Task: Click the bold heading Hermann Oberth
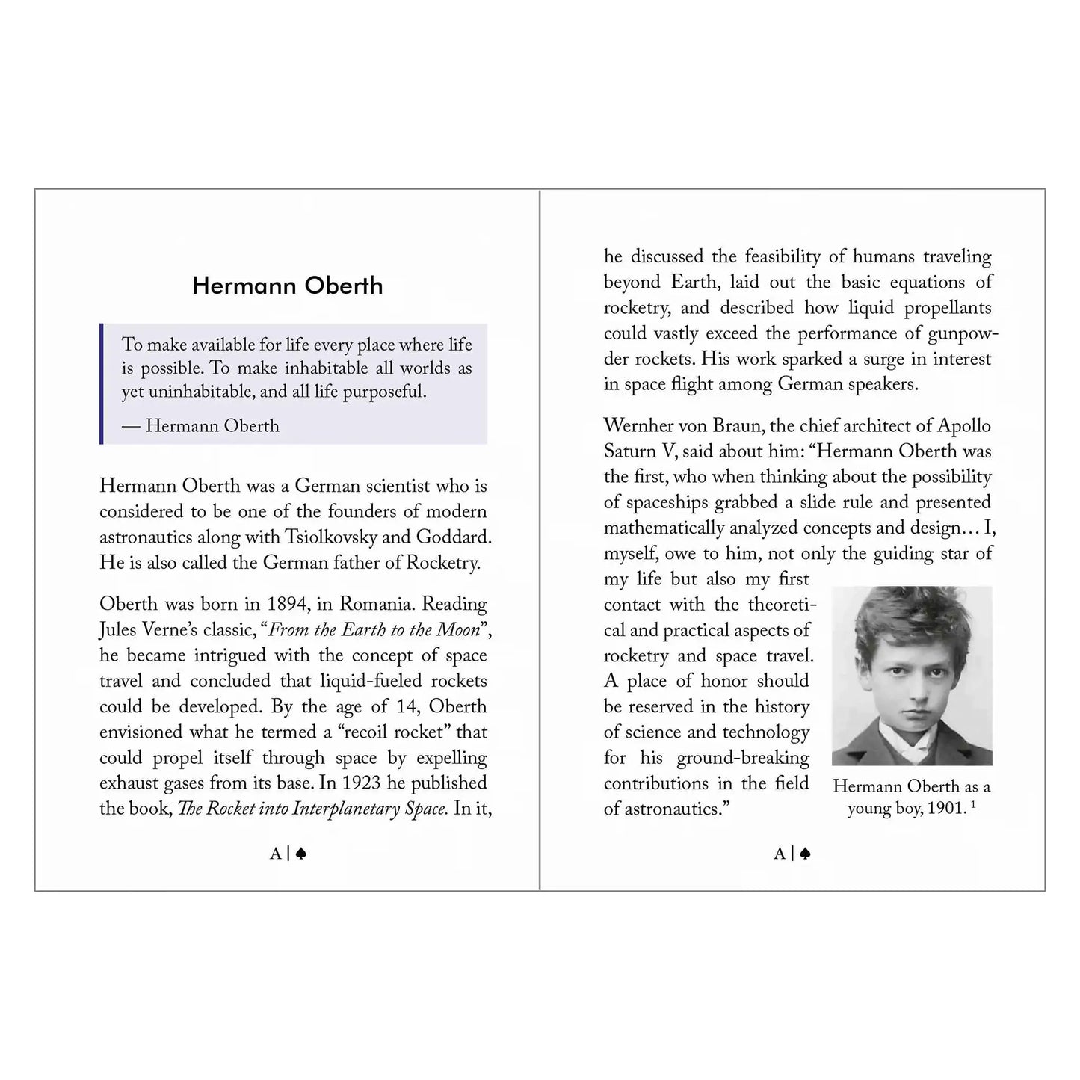tap(287, 286)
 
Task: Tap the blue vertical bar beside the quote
tap(101, 383)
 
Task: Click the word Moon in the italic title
tap(457, 629)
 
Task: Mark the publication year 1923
tap(362, 783)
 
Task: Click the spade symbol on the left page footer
tap(301, 854)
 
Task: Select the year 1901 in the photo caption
tap(945, 809)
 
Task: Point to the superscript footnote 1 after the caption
tap(973, 804)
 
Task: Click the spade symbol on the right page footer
tap(805, 854)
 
